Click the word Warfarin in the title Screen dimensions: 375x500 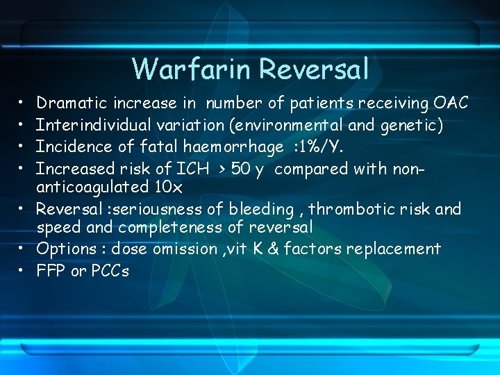[191, 69]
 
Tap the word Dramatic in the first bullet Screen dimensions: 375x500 [70, 103]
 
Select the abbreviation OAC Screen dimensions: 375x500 [451, 103]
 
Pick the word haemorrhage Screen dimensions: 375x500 [224, 147]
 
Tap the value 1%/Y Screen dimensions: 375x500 [326, 147]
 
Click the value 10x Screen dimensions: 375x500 [168, 187]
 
